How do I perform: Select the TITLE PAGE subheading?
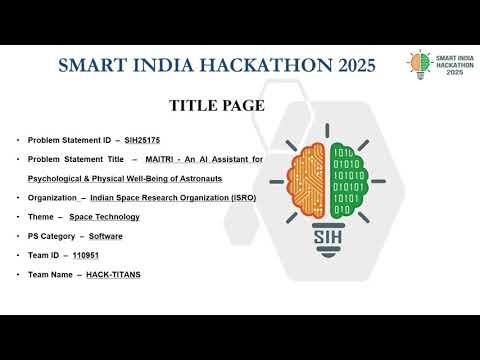(x=217, y=105)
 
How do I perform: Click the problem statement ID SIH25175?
(x=142, y=140)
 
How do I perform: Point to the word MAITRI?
(x=158, y=159)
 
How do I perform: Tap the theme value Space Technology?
(x=104, y=216)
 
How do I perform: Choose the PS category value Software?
(x=106, y=235)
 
